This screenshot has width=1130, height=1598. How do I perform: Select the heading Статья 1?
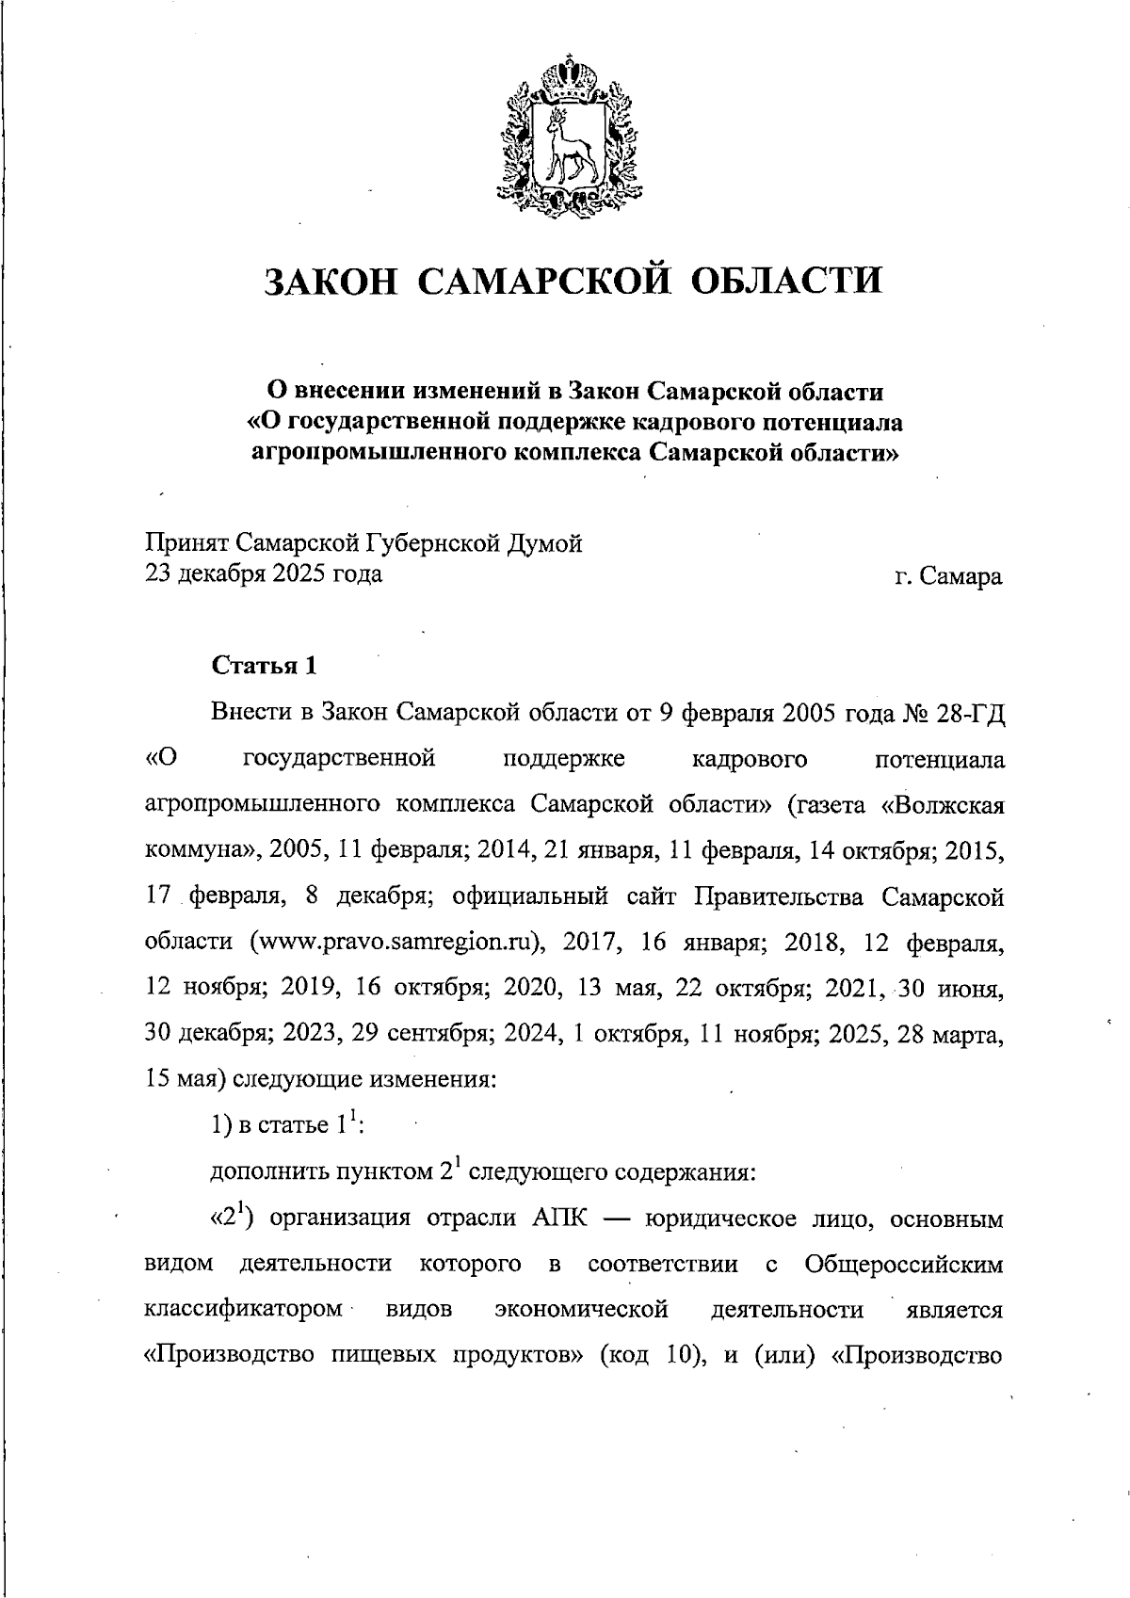[264, 666]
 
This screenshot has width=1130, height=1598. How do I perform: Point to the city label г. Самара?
[948, 575]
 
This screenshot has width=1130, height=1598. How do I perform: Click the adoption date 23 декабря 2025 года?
[264, 573]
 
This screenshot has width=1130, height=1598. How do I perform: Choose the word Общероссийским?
[904, 1264]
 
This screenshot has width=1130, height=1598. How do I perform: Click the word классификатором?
[244, 1310]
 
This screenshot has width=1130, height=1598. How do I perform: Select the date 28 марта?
[951, 1033]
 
